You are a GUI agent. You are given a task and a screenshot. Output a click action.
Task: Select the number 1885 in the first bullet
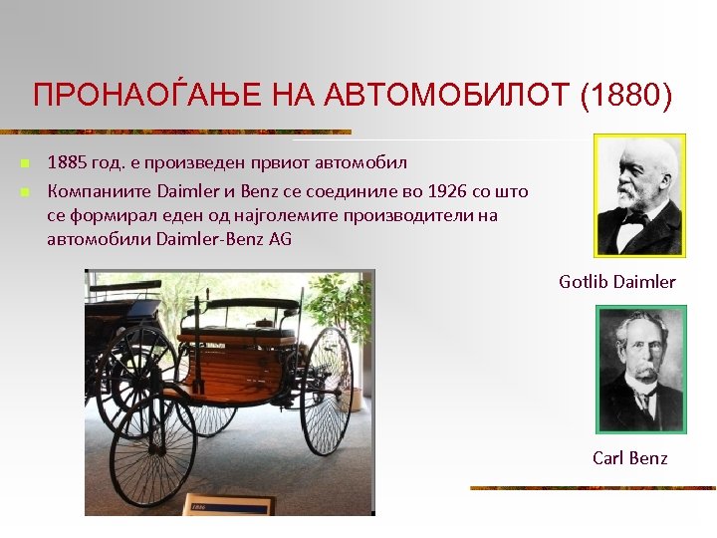pos(68,161)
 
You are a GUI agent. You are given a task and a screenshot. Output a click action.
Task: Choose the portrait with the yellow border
pos(639,196)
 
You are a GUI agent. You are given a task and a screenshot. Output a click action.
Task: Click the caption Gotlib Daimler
pos(616,282)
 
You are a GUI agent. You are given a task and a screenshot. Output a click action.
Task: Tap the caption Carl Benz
pos(629,458)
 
